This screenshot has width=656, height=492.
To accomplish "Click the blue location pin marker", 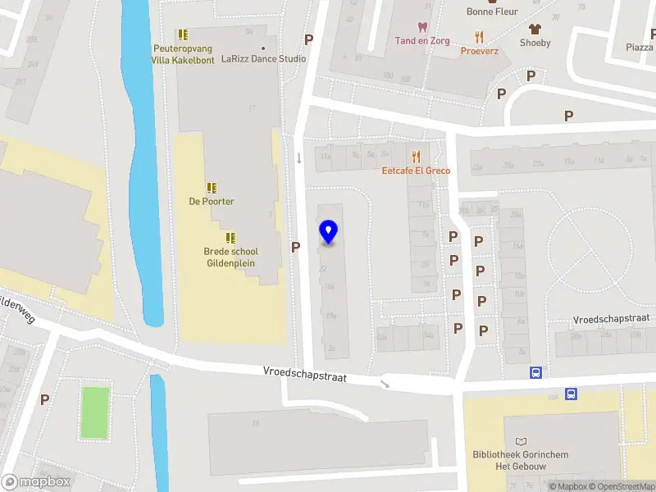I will tap(329, 232).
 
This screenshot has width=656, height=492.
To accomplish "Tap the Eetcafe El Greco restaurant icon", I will tap(416, 156).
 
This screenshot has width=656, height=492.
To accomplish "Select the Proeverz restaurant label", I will tap(480, 50).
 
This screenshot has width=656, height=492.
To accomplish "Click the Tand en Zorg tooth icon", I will tap(423, 27).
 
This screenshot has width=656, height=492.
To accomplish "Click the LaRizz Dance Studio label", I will tap(263, 59).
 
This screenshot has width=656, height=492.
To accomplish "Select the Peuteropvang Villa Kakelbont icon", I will tap(183, 34).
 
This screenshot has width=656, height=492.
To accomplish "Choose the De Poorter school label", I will tap(212, 201).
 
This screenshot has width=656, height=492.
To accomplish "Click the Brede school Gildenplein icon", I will tap(230, 238).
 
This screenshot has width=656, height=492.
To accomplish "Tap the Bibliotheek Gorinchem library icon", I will tap(521, 442).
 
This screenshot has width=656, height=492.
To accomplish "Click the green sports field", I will tap(95, 412).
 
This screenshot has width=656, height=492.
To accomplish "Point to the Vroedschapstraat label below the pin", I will tap(305, 376).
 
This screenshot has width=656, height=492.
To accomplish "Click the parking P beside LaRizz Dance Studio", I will tap(309, 39).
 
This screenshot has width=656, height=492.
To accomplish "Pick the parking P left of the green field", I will tap(45, 399).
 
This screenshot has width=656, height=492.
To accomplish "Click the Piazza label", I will tap(640, 48).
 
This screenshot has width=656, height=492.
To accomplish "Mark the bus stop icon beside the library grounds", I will tap(571, 394).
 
